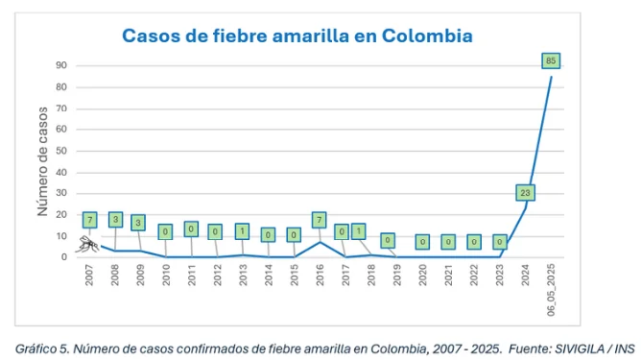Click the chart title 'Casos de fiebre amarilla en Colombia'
(297, 36)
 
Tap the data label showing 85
(550, 60)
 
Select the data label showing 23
(525, 192)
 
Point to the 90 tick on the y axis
(60, 65)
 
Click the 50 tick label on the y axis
(60, 151)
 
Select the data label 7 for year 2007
(89, 220)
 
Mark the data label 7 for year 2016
(319, 220)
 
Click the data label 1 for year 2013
(242, 231)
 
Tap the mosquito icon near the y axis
(88, 244)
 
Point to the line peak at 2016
(320, 242)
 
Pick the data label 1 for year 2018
(358, 231)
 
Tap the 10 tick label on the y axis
(60, 236)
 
